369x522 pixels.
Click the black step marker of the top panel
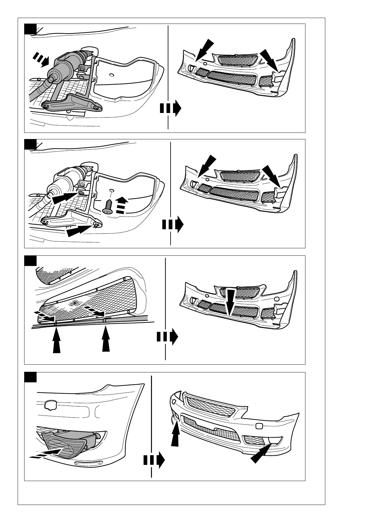pos(30,29)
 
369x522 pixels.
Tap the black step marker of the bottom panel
pos(30,377)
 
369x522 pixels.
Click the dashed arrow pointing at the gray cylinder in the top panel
pos(41,59)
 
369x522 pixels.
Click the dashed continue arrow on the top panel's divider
pos(170,108)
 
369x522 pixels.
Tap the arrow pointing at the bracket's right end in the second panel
pos(79,230)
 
